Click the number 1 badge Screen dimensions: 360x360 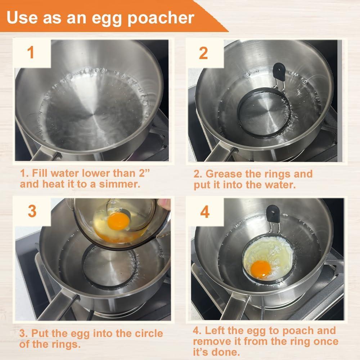pos(31,53)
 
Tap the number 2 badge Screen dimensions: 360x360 pos(203,53)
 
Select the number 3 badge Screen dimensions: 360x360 pos(32,211)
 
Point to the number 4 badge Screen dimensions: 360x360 pos(205,212)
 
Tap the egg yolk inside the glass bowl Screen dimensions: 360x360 pos(118,220)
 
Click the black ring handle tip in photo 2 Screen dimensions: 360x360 pos(278,71)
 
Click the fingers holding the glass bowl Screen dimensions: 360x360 pos(165,204)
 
